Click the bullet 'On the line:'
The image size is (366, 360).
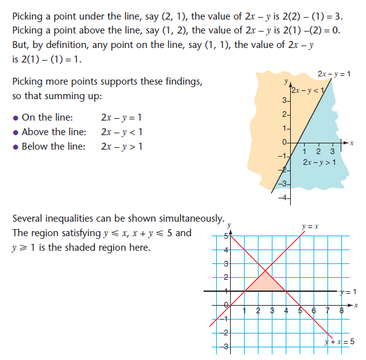(47, 117)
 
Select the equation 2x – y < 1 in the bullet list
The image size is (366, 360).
(121, 132)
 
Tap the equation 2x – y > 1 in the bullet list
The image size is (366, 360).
(121, 147)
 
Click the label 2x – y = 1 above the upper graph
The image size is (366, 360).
(335, 74)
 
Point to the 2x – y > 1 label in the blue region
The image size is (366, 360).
(319, 163)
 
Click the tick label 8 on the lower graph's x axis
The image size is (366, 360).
(341, 310)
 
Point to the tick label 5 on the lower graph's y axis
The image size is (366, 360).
(224, 237)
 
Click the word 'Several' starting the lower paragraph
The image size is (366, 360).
(30, 219)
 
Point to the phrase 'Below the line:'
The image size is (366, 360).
(52, 147)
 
